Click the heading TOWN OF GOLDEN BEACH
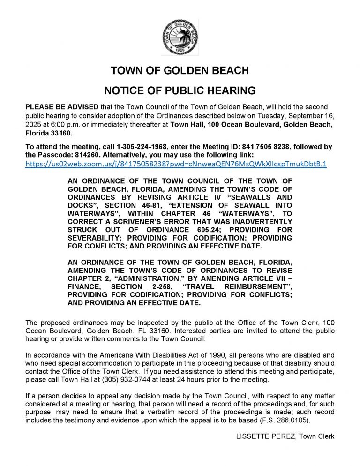[x=180, y=72]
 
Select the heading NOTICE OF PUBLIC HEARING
[x=180, y=90]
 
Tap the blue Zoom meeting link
[x=176, y=165]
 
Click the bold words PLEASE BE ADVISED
[x=59, y=107]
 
